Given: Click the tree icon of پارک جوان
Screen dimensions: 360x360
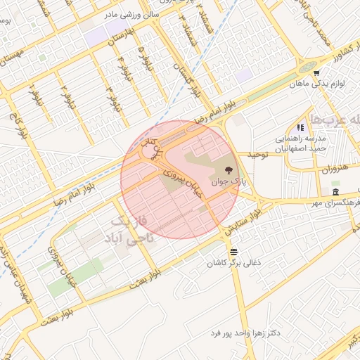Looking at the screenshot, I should [x=228, y=169].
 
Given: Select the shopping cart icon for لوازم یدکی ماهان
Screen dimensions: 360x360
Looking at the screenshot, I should [x=316, y=72].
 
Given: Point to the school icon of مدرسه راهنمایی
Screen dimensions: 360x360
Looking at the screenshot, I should [x=300, y=127].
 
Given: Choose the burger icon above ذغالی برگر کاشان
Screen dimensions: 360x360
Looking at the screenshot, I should [x=233, y=251].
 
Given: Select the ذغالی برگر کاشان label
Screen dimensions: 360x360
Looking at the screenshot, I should [x=233, y=262].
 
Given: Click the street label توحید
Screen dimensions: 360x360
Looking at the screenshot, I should [x=257, y=154].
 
